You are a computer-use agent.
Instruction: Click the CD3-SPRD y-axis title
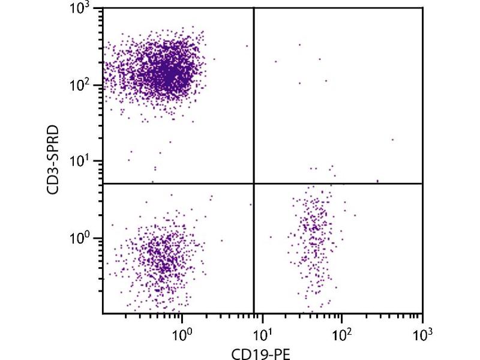pyautogui.click(x=54, y=161)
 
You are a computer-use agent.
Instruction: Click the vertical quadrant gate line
pyautogui.click(x=254, y=96)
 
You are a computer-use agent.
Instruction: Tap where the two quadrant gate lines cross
pyautogui.click(x=254, y=184)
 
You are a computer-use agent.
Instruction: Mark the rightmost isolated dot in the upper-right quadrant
pyautogui.click(x=392, y=140)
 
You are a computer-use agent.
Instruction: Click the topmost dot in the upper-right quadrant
pyautogui.click(x=299, y=44)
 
